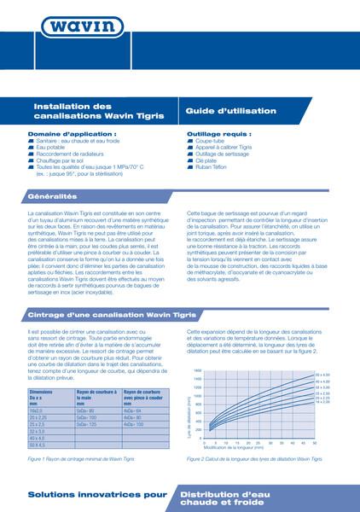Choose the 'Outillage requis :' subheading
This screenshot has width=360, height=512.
215,134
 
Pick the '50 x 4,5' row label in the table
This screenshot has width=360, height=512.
38,445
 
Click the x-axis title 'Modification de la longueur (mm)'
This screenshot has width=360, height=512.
253,449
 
